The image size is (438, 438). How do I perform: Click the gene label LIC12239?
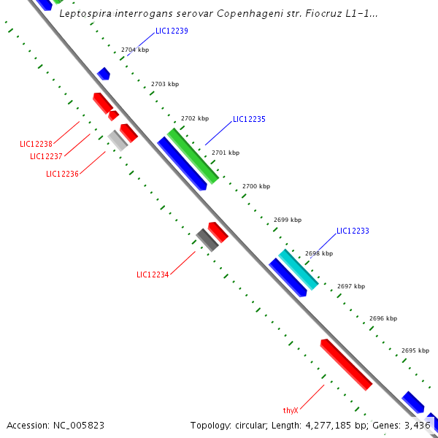(172, 31)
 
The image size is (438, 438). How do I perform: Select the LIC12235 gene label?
(249, 119)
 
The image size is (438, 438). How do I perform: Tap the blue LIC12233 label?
(353, 231)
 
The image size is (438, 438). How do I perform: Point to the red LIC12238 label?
(36, 144)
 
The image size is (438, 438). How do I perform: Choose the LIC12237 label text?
(46, 156)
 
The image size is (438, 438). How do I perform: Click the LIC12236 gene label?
(62, 174)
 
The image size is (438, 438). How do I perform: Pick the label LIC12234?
(153, 274)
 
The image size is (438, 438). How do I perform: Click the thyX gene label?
(291, 410)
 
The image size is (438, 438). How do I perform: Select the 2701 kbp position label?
(225, 153)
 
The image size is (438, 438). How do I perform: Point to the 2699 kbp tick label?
(288, 220)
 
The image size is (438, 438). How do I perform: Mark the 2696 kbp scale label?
(383, 318)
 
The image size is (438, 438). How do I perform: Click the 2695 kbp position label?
(415, 350)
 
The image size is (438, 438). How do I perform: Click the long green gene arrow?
(193, 155)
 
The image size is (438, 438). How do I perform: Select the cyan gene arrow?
(299, 269)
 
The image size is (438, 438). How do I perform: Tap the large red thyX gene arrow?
(346, 364)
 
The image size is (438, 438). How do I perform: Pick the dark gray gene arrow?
(207, 239)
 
